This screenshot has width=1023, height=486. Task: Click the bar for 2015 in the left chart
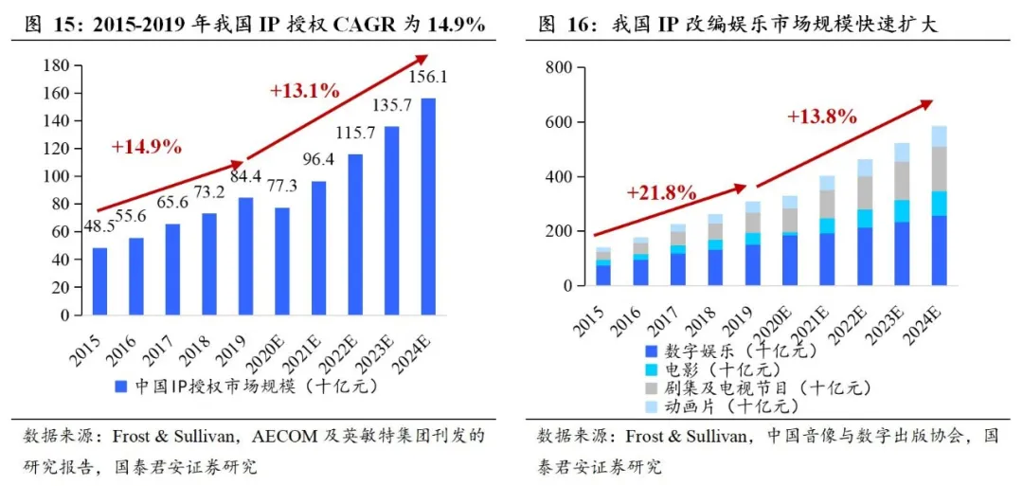[x=99, y=281]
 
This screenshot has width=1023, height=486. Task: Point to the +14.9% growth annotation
[x=146, y=147]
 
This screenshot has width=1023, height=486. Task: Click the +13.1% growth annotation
[x=304, y=91]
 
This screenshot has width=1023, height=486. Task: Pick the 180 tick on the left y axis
[x=57, y=65]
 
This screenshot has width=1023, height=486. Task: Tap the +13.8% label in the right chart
[x=821, y=117]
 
